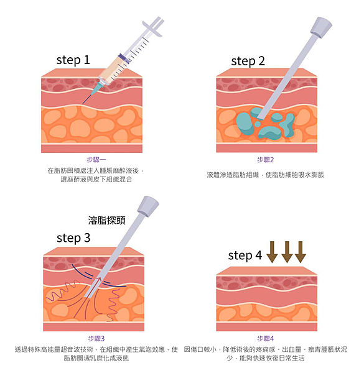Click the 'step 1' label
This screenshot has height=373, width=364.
click(x=73, y=60)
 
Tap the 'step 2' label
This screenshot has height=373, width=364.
click(x=248, y=62)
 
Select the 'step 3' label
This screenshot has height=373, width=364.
click(x=73, y=238)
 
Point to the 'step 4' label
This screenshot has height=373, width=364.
click(x=245, y=256)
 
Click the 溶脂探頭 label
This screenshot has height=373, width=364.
click(x=106, y=220)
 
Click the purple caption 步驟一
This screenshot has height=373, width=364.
click(x=96, y=160)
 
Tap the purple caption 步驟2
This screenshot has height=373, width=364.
click(x=266, y=160)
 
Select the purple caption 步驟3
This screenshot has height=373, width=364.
click(x=96, y=338)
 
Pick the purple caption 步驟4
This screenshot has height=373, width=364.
click(x=266, y=338)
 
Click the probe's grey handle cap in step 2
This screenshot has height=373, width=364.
click(x=321, y=27)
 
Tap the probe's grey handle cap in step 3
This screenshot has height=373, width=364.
click(x=148, y=206)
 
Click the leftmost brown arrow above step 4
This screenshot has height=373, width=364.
click(x=272, y=252)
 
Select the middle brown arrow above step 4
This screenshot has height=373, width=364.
click(x=287, y=252)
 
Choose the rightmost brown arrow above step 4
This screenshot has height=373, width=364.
click(x=300, y=252)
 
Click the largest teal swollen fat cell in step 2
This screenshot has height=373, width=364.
click(x=245, y=124)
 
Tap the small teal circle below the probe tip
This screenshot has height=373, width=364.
click(x=258, y=124)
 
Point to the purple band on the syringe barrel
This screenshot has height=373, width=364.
click(x=124, y=59)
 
